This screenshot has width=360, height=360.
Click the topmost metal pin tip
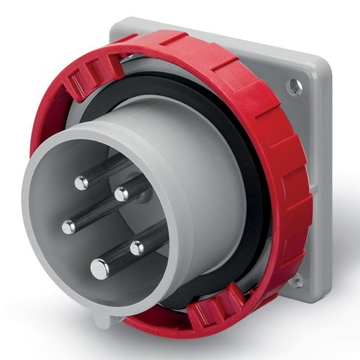(x=82, y=183)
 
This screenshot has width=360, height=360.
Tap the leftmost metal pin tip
(x=68, y=227)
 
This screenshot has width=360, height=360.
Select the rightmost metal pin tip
(x=137, y=247)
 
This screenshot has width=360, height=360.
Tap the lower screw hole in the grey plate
(x=298, y=280)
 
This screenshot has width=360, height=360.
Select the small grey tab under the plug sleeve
(x=103, y=321)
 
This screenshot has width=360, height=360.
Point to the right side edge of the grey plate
(x=325, y=183)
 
